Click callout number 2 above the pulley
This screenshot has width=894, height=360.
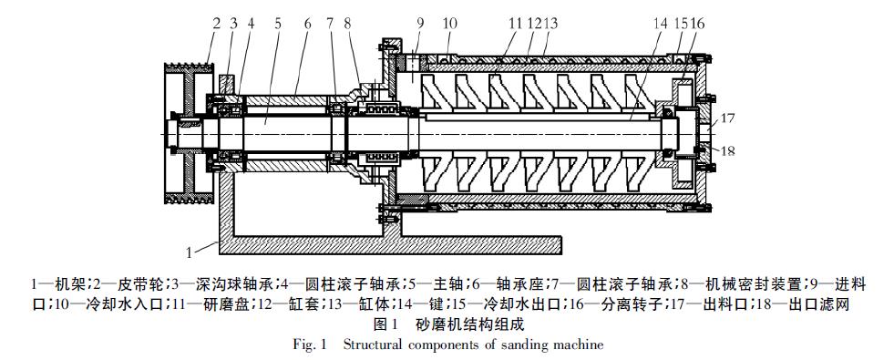(216, 24)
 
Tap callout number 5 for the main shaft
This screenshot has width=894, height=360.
(278, 24)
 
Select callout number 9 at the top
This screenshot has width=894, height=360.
(420, 24)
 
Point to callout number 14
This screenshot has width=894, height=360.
(660, 24)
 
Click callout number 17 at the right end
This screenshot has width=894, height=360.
(712, 118)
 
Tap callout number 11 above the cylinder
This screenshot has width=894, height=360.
(516, 24)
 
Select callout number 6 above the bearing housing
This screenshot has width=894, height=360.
(307, 24)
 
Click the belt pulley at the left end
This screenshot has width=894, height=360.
(188, 132)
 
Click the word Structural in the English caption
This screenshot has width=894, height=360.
(374, 345)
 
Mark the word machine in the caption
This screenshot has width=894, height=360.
(580, 345)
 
